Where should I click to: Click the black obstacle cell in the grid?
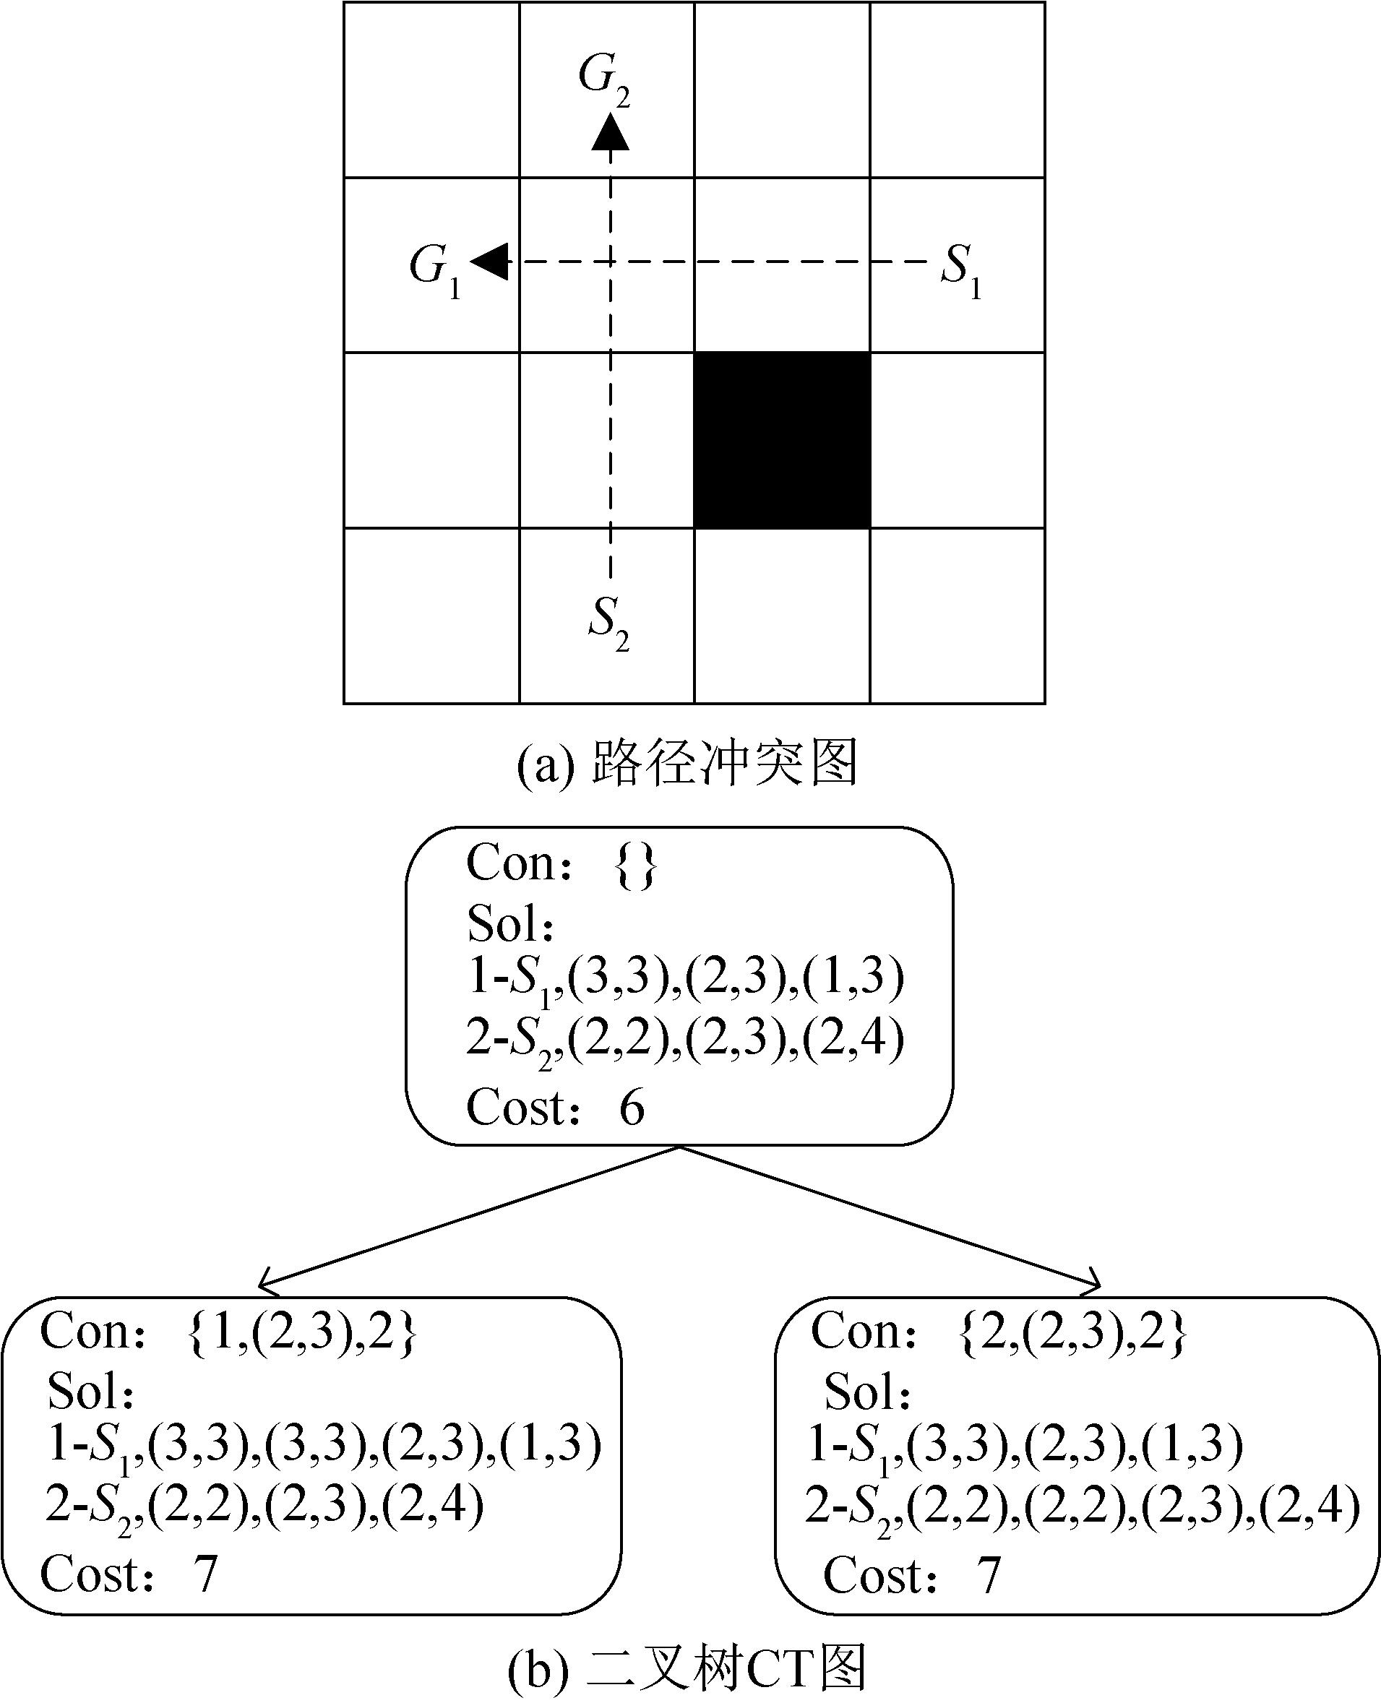click(782, 440)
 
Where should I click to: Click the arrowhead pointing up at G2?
click(610, 132)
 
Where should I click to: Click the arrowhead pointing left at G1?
click(489, 262)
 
